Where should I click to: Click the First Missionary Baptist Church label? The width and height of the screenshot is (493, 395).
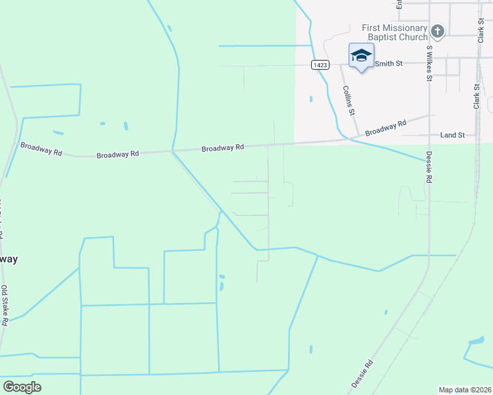pos(395,32)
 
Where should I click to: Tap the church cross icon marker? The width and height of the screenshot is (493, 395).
pos(437,31)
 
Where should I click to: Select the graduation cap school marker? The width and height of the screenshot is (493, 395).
pos(361,55)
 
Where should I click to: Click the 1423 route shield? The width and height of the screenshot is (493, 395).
pos(320,65)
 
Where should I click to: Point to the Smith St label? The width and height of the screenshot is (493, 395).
pos(389,64)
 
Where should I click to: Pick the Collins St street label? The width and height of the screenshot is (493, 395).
pos(349,101)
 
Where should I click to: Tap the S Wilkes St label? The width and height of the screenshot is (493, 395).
pos(429,63)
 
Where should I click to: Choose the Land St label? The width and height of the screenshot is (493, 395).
pos(453,135)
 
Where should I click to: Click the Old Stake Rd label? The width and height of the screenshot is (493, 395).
pos(5,303)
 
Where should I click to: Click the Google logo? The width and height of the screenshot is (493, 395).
pos(22,387)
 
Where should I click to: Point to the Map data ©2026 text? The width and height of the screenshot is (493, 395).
pos(465,390)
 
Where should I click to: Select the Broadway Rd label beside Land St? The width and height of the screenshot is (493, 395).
pos(386,128)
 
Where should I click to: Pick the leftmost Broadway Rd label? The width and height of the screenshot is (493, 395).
pos(41,149)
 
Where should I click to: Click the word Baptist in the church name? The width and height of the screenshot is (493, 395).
pos(378,37)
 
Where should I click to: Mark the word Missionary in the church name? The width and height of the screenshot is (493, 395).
pos(403,28)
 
